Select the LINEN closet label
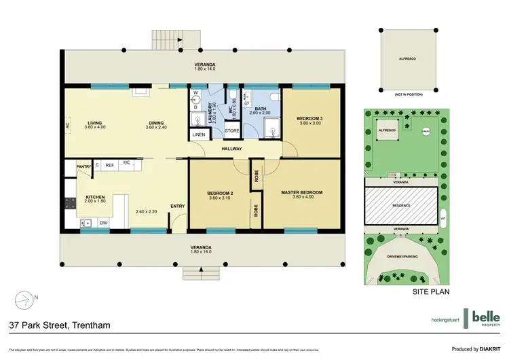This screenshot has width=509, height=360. click(198, 134)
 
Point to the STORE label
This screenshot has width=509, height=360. click(231, 130)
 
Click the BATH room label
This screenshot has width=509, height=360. click(261, 108)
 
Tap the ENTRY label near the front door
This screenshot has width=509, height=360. click(178, 206)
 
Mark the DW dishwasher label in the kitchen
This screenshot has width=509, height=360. click(103, 221)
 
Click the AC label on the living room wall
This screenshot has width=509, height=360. click(68, 125)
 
